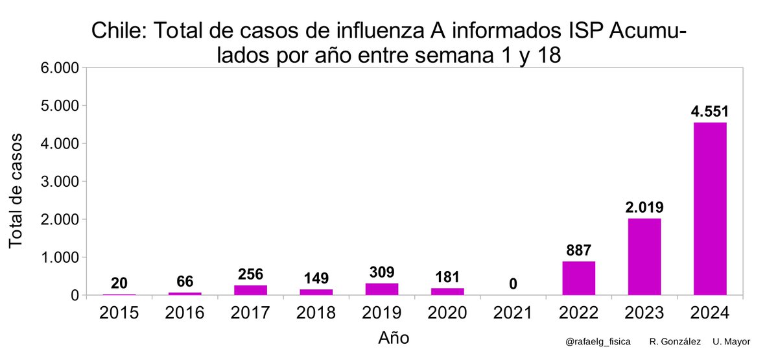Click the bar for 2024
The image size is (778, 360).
tap(710, 209)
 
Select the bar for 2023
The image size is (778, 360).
tap(644, 257)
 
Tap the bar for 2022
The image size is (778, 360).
tap(579, 278)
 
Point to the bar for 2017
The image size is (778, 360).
tap(251, 290)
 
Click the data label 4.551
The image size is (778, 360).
tap(710, 112)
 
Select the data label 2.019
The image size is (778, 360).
tap(644, 208)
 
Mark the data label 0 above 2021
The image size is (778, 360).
tap(513, 284)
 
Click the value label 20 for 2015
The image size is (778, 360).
tap(119, 283)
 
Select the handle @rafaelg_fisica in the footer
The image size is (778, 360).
tap(597, 341)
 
